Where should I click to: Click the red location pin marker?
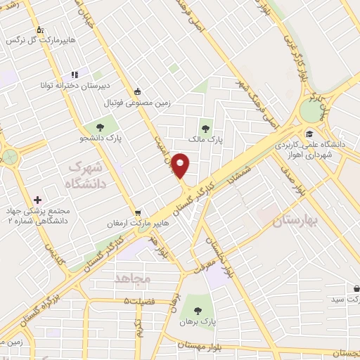pyautogui.click(x=181, y=165)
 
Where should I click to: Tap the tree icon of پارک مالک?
pyautogui.click(x=205, y=128)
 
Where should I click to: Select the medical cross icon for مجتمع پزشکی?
pyautogui.click(x=37, y=200)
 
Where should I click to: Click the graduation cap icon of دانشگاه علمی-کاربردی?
pyautogui.click(x=309, y=134)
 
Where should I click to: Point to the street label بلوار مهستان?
pyautogui.click(x=200, y=345)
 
